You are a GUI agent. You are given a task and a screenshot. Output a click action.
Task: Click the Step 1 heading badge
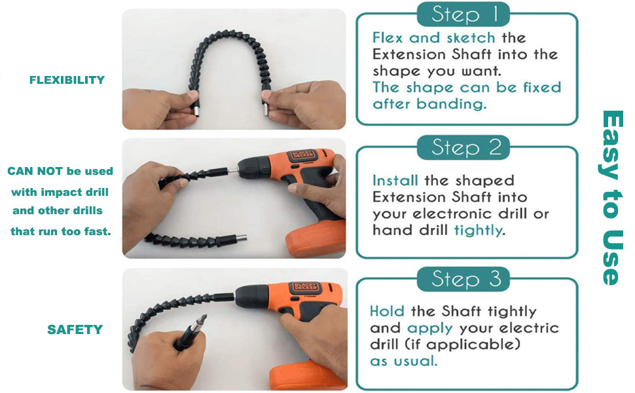[x=463, y=14]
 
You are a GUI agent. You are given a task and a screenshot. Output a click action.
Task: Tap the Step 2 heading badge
[x=463, y=147]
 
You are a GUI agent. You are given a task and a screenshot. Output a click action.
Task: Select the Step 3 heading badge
[x=463, y=279]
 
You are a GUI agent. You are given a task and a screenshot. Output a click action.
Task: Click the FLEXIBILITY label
[x=67, y=80]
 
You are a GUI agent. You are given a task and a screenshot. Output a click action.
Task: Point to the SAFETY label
[x=75, y=329]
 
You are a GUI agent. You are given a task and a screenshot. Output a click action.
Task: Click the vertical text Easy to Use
[x=611, y=198]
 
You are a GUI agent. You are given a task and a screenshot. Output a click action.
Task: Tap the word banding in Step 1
[x=451, y=104]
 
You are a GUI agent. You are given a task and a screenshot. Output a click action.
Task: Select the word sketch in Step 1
[x=471, y=38]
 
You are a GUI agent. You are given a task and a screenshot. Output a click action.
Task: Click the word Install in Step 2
[x=395, y=180]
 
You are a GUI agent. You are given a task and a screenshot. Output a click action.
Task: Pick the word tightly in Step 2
[x=479, y=231]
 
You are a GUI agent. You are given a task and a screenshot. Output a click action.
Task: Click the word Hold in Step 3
[x=387, y=310]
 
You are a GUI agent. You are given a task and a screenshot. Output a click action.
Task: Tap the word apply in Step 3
[x=429, y=329]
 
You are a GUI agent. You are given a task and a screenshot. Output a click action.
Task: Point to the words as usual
[x=403, y=361]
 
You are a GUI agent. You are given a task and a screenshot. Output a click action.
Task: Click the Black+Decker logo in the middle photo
[x=301, y=155]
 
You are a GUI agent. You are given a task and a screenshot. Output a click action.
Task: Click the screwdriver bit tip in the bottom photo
[x=205, y=316]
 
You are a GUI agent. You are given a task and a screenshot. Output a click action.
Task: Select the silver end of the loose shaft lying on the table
[x=242, y=238]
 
